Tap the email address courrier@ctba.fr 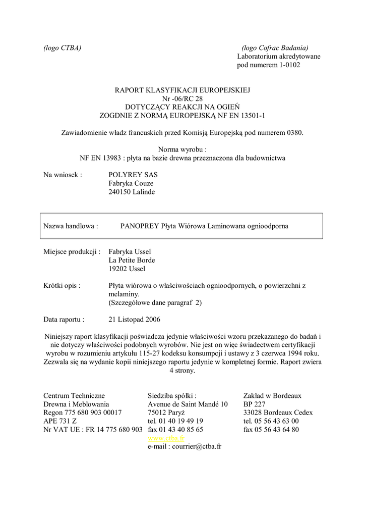(197, 447)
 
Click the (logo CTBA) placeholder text (63, 48)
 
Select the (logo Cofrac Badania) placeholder (275, 48)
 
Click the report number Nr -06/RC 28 (182, 98)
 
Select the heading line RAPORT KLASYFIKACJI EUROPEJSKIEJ (182, 90)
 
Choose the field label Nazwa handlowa (71, 226)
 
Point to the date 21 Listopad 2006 (135, 320)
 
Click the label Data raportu (64, 320)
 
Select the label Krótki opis (62, 285)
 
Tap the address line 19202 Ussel (127, 269)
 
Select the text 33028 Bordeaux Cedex (278, 412)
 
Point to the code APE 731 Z (60, 421)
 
